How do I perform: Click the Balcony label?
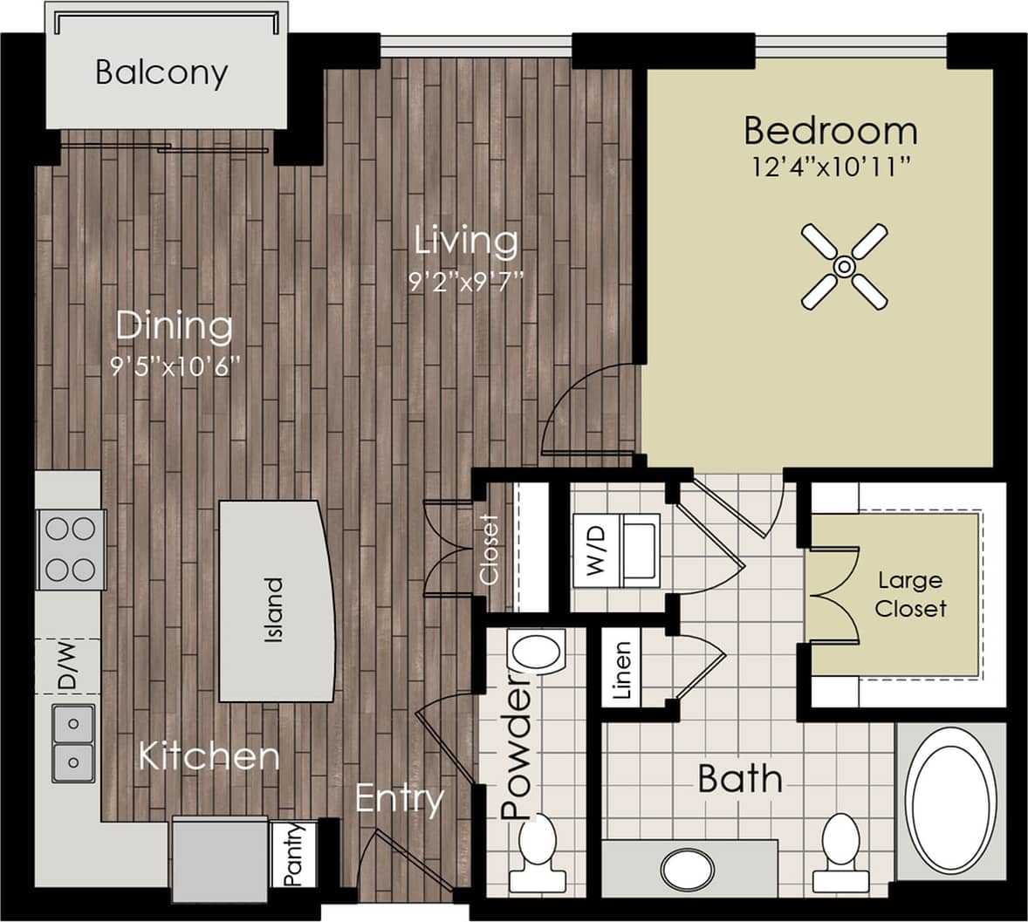[x=161, y=72]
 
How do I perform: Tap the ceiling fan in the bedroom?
[x=844, y=266]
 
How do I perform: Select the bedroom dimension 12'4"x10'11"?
[x=831, y=166]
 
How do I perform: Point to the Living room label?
[x=466, y=241]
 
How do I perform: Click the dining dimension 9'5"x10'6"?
[x=175, y=367]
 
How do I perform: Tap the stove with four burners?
[x=71, y=550]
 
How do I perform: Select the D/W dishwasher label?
[x=66, y=666]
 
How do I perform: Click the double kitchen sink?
[x=72, y=743]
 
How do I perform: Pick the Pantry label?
[x=294, y=854]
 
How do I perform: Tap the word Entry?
[x=400, y=798]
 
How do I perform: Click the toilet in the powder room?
[x=537, y=847]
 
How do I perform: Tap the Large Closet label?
[x=909, y=594]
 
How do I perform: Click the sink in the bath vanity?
[x=689, y=869]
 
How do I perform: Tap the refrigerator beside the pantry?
[x=220, y=860]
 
